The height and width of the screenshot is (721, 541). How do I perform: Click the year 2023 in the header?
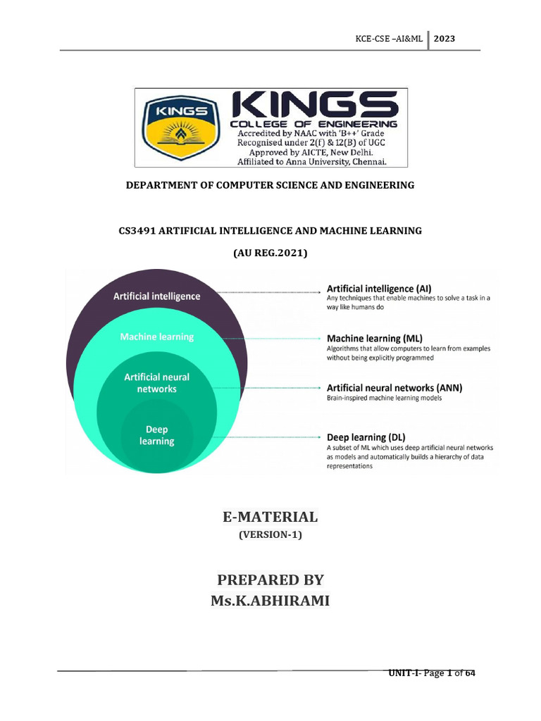click(x=444, y=39)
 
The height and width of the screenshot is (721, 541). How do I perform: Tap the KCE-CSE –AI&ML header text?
click(x=390, y=39)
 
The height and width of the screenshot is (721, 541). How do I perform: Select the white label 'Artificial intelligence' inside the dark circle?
click(x=156, y=296)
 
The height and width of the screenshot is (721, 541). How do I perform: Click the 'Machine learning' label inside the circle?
click(x=156, y=337)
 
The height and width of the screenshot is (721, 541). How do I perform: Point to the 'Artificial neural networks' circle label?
click(x=156, y=383)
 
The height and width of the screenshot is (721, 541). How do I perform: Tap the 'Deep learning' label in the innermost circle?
click(x=156, y=435)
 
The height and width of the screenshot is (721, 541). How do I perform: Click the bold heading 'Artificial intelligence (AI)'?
click(x=379, y=289)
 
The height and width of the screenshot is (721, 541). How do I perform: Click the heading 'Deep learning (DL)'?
click(x=366, y=437)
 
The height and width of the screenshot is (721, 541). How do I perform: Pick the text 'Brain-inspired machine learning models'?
click(x=384, y=399)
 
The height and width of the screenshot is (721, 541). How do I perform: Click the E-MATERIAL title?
click(x=270, y=517)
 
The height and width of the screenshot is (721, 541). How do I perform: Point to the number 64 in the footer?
click(x=470, y=674)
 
